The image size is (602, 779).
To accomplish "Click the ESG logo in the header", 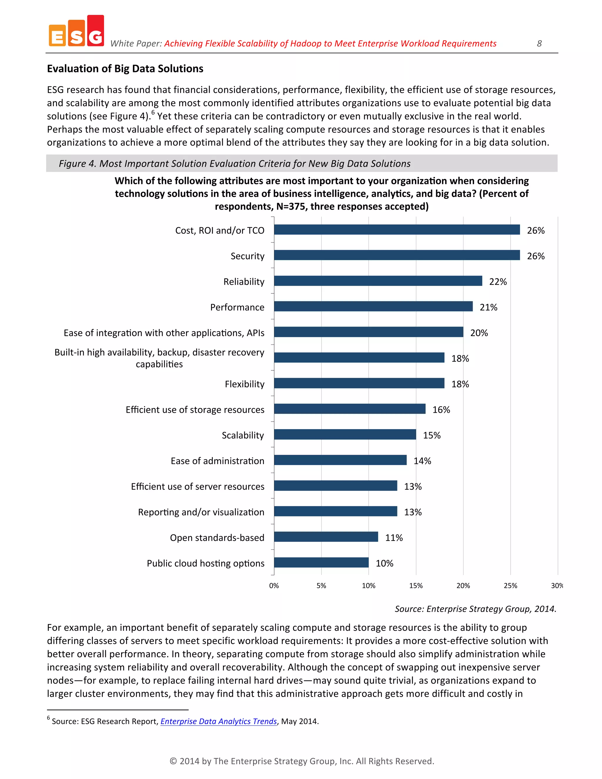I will click(x=76, y=31).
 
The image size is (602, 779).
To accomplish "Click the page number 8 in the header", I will click(x=539, y=44).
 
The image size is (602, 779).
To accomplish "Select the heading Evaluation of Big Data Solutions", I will click(x=125, y=68).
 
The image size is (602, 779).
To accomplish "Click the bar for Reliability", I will click(x=378, y=281).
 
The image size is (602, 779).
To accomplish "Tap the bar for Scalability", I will click(x=345, y=434).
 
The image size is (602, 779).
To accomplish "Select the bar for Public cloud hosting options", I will click(x=321, y=562).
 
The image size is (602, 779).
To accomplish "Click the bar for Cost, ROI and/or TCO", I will click(x=397, y=230).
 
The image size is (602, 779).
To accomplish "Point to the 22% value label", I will click(x=498, y=282).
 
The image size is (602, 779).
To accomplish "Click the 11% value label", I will click(x=393, y=538).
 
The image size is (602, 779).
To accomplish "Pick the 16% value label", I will click(x=441, y=410).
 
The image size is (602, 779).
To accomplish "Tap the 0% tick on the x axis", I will click(x=274, y=586).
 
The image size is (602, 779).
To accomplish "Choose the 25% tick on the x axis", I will click(x=510, y=586).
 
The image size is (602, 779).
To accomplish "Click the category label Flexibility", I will click(x=244, y=384).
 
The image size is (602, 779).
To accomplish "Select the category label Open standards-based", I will click(x=217, y=538).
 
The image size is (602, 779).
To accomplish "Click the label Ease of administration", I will click(x=217, y=461).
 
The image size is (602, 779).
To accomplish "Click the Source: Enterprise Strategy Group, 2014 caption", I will click(x=475, y=609).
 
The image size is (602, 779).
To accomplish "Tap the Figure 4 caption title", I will click(x=234, y=163).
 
